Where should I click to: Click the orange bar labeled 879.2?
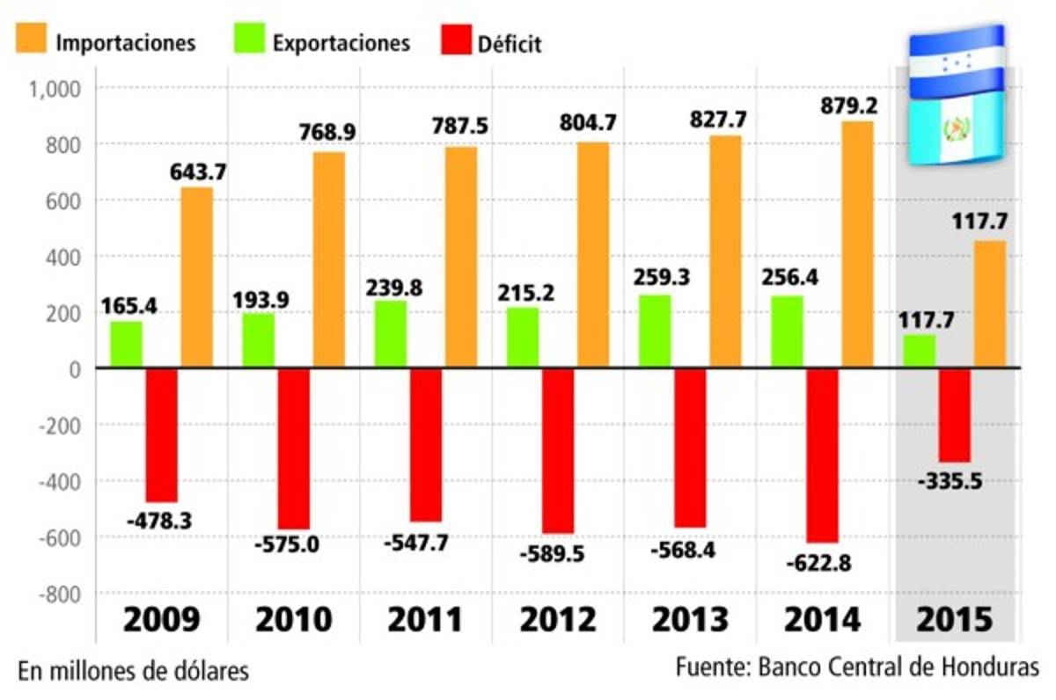(857, 244)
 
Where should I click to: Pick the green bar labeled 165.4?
(126, 345)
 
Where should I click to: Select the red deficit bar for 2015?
(954, 415)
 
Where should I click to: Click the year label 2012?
(558, 620)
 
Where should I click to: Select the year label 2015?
(954, 620)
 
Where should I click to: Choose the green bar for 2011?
(390, 334)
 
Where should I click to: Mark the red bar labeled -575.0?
(293, 448)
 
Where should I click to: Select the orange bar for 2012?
(593, 255)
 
